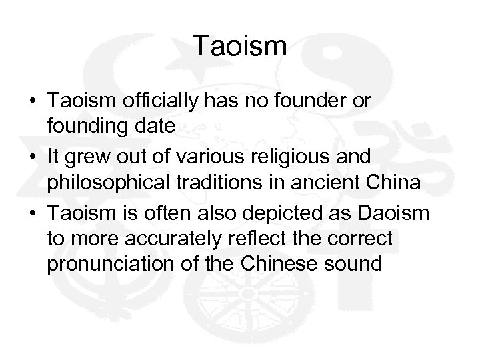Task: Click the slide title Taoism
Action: pos(240,46)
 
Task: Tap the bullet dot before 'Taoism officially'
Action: pos(33,100)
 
